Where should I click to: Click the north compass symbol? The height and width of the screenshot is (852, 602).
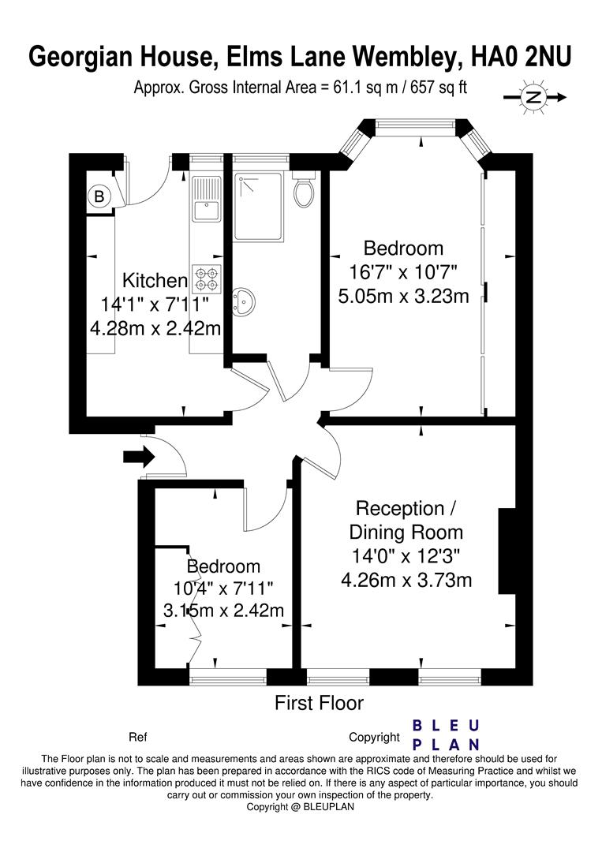coord(535,98)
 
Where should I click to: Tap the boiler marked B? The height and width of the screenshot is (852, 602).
coord(99,196)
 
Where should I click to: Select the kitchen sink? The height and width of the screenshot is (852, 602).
coord(206,199)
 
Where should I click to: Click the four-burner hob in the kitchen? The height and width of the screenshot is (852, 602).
coord(207,278)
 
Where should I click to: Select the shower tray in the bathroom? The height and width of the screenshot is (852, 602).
coord(258,207)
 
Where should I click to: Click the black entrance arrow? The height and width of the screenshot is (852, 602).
coord(139,457)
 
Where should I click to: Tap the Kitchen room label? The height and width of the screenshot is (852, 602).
coord(155,280)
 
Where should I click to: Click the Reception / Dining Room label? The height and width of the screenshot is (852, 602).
coord(406,520)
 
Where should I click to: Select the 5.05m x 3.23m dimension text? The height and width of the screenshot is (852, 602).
coord(404,296)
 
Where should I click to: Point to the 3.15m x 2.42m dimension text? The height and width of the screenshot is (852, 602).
coord(223,610)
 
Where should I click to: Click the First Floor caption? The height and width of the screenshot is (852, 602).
coord(319,703)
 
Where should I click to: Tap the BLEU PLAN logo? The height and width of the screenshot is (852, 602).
coord(446,734)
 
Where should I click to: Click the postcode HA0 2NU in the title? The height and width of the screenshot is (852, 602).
coord(521,57)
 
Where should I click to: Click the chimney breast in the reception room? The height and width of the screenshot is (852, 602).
coord(507,551)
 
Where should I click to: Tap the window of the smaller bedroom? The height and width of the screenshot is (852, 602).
coord(228,677)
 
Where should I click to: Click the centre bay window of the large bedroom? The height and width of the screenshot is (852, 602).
coord(414,124)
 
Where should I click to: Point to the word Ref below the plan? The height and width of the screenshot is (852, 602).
coord(138,738)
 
